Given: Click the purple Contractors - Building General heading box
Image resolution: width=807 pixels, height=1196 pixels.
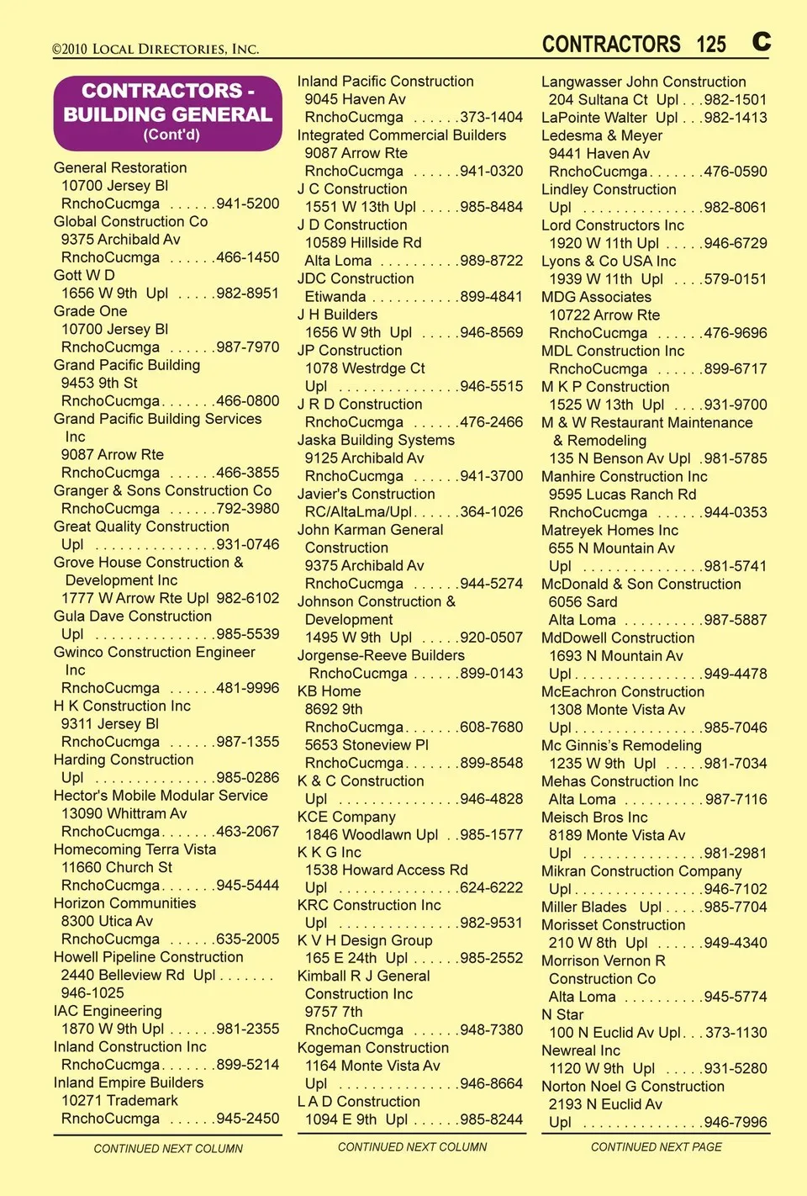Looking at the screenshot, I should (167, 113).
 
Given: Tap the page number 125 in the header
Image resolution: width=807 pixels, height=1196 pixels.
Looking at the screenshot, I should (710, 45).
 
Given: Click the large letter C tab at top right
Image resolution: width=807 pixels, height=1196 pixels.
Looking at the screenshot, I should (761, 41).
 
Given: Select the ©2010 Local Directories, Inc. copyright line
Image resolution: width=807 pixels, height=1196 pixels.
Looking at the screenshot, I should (156, 49).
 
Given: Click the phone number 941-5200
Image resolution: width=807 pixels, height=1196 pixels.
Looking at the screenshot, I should (247, 204).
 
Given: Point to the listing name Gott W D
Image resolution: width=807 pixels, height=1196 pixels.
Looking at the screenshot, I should (84, 275).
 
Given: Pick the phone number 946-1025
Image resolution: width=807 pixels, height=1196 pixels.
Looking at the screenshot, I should (92, 992).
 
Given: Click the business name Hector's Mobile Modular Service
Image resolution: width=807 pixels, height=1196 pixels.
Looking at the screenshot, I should (161, 796).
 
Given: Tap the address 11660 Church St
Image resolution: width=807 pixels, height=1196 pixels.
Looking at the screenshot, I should (117, 867).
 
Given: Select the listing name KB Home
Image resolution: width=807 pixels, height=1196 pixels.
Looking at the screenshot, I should (329, 691).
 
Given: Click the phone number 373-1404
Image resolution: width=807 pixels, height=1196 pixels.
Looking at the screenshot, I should (491, 117).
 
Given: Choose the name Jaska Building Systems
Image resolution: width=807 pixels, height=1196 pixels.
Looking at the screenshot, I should (376, 440).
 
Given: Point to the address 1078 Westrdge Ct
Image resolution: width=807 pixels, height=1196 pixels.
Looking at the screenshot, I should (365, 368).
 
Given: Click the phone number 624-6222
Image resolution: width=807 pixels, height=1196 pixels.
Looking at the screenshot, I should (491, 887).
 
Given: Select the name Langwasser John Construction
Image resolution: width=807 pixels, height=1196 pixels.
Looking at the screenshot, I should (643, 82).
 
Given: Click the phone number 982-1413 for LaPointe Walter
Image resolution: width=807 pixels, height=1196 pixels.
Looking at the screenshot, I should (736, 118).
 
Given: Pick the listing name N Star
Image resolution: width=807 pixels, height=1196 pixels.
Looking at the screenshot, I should (562, 1014).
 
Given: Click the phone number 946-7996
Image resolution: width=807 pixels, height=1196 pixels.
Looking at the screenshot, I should (736, 1122).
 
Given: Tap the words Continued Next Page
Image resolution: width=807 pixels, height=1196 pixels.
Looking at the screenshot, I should (656, 1147).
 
